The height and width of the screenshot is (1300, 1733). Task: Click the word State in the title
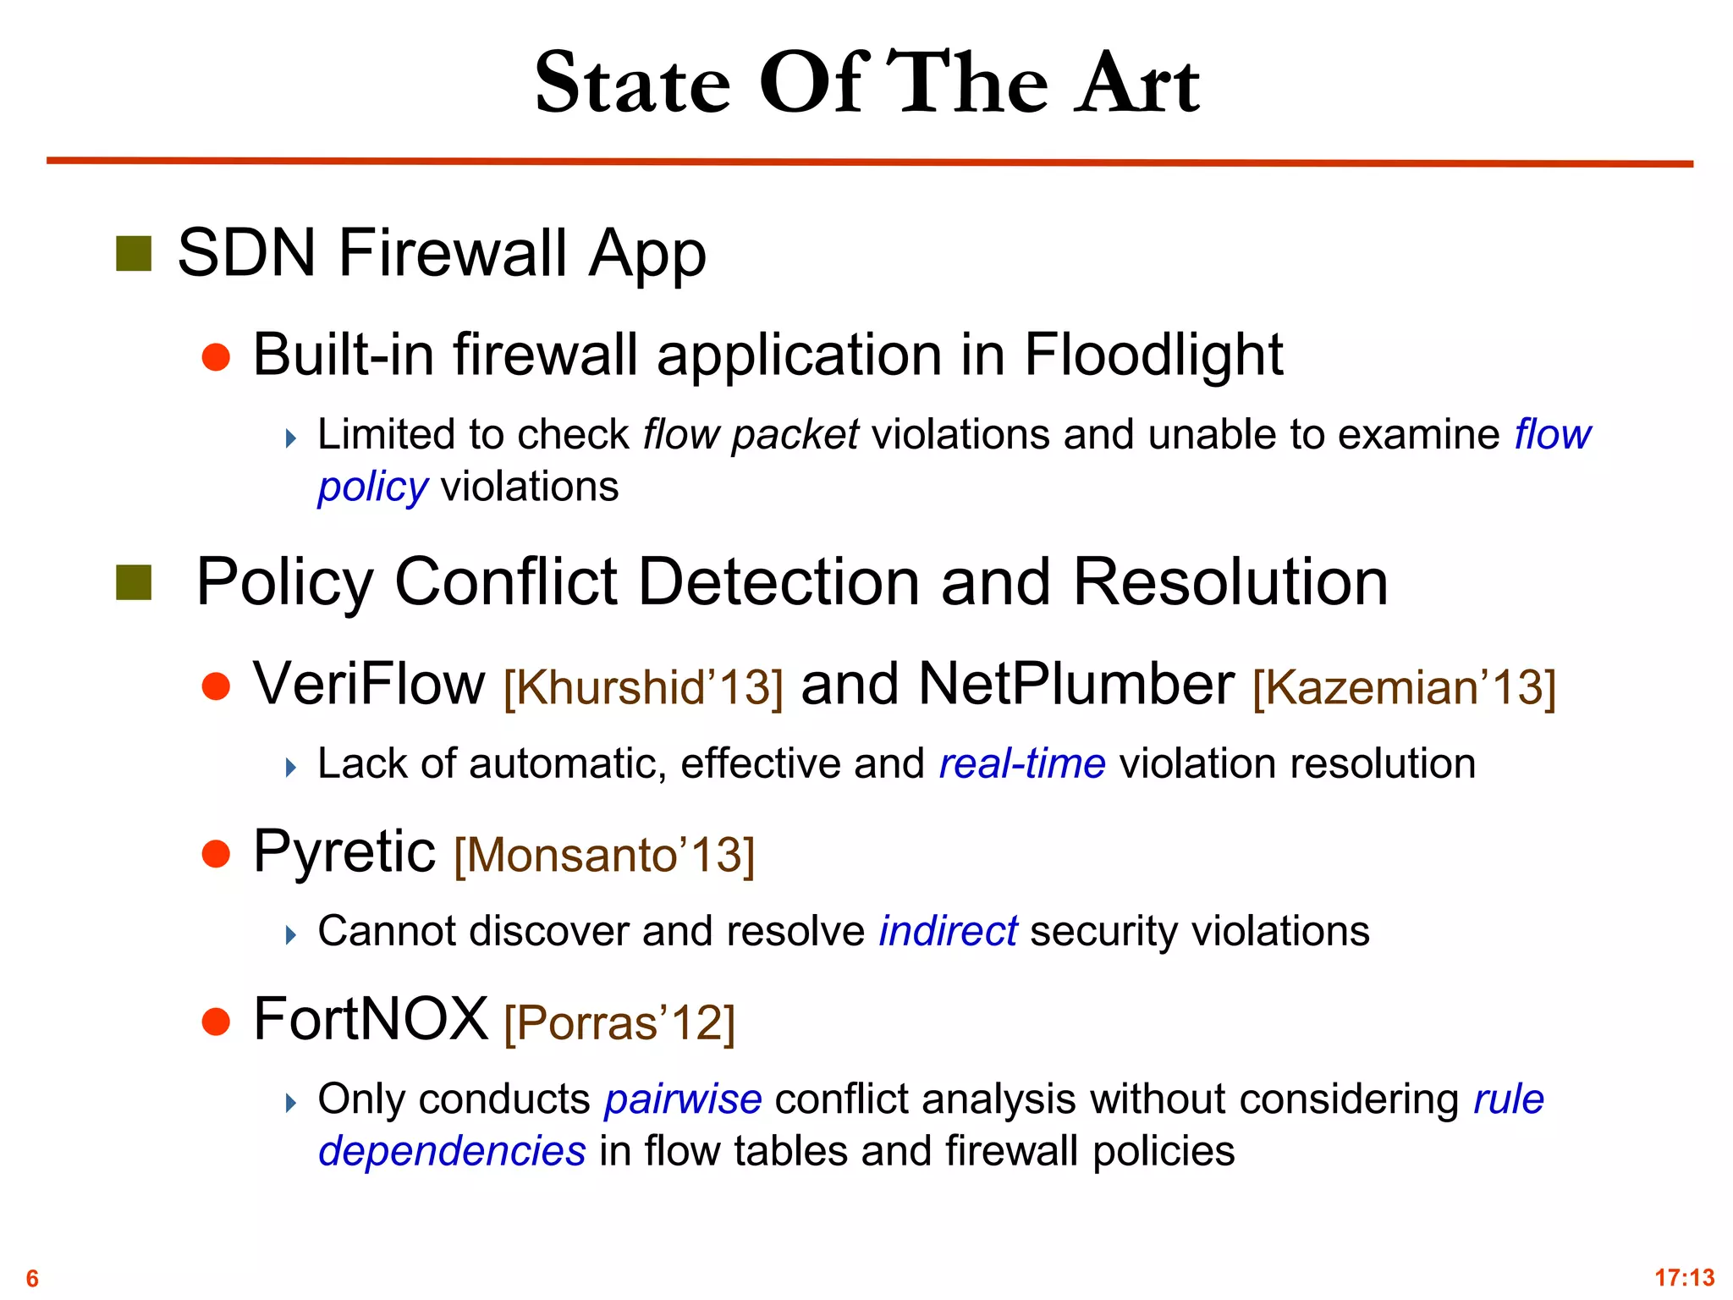[x=633, y=83]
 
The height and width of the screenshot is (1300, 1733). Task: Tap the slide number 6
[x=32, y=1278]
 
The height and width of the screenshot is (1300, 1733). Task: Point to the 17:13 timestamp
[x=1684, y=1277]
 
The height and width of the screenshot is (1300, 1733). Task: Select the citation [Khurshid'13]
[x=643, y=686]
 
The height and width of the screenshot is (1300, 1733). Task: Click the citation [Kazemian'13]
[x=1404, y=686]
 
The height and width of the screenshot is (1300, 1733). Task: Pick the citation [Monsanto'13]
[x=604, y=854]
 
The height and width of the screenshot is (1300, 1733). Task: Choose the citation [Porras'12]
[x=619, y=1022]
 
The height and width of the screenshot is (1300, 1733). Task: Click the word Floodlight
[x=1153, y=354]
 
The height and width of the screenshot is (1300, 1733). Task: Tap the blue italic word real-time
[x=1022, y=763]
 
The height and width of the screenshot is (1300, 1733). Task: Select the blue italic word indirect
[x=948, y=931]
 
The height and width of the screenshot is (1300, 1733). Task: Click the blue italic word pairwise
[x=683, y=1099]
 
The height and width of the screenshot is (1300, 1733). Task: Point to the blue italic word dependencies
[x=452, y=1151]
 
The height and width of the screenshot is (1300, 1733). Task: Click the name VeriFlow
[x=369, y=683]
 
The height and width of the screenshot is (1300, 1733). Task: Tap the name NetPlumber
[x=1076, y=683]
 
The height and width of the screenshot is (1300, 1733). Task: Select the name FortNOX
[x=371, y=1019]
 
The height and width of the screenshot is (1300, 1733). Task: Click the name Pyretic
[x=344, y=851]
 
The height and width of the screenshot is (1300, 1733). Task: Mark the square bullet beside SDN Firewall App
[x=134, y=254]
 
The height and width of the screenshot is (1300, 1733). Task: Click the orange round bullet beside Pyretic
[x=217, y=854]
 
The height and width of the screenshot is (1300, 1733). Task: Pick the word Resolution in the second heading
[x=1230, y=582]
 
